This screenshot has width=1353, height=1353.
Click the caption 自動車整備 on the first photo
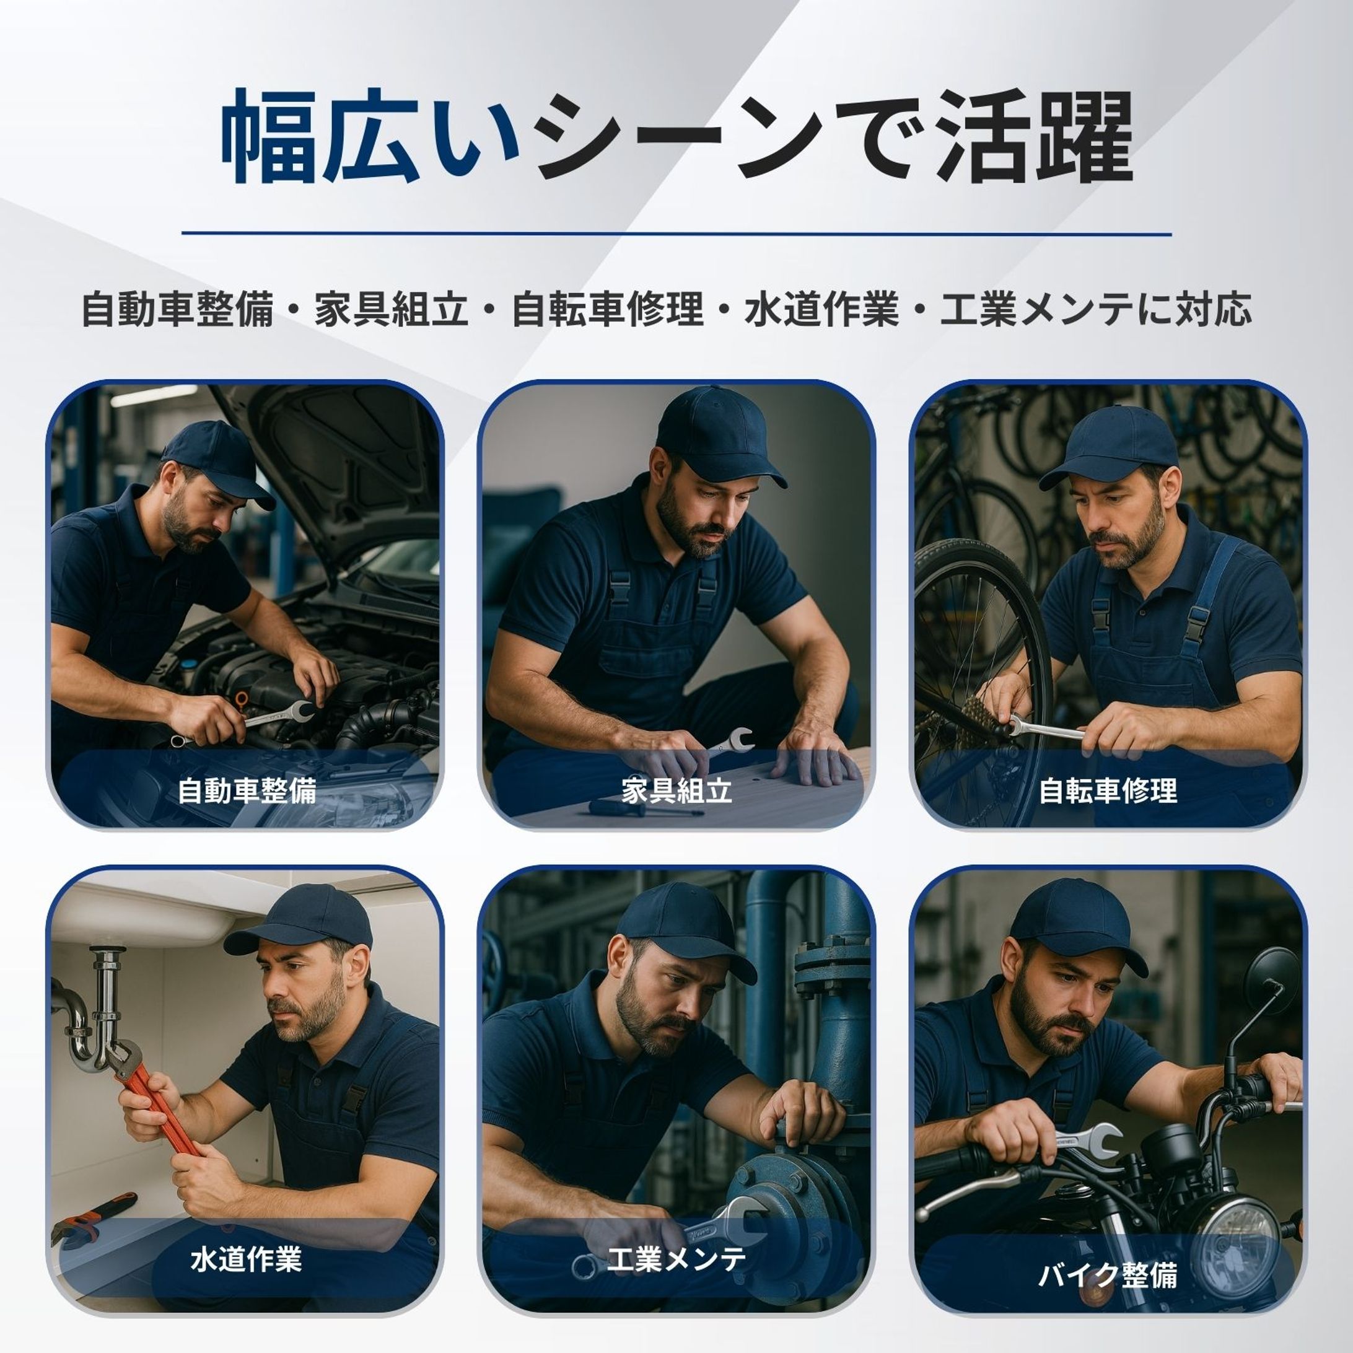247,790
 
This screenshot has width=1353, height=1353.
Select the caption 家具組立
676,790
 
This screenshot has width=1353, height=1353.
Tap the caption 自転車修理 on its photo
1107,790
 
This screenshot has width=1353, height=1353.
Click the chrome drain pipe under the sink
105,1002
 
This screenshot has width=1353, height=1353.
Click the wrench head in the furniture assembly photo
740,739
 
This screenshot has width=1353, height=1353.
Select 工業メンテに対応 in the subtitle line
1096,310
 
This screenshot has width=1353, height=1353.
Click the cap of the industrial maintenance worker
683,924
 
